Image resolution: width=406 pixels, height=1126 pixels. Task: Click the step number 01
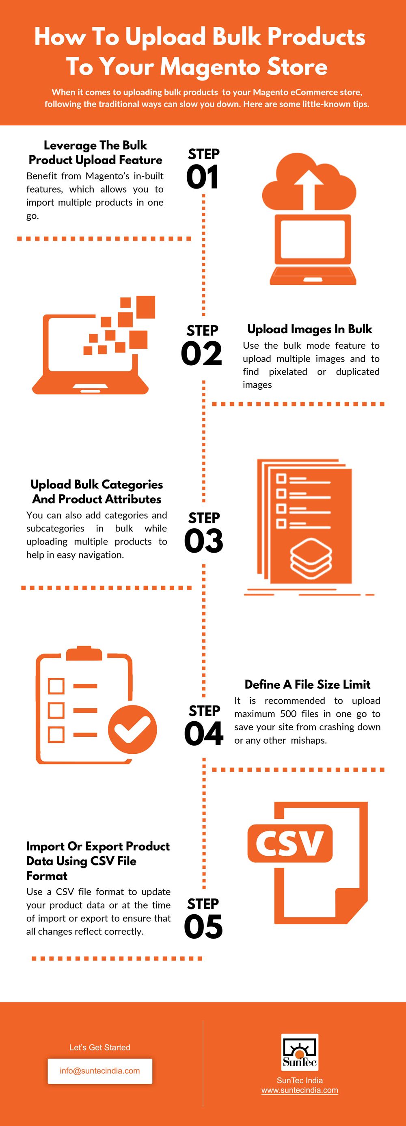pos(202,178)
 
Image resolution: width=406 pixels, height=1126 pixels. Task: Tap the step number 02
pos(202,354)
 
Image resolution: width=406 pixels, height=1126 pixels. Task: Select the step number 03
pos(203,541)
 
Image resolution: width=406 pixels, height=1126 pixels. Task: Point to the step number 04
pos(203,734)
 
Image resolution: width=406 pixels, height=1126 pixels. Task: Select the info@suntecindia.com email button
pos(100,1071)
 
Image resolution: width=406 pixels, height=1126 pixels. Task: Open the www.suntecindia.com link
pos(300,1090)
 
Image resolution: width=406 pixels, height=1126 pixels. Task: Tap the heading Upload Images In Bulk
pos(309,329)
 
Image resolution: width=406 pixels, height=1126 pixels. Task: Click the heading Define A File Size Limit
pos(307,685)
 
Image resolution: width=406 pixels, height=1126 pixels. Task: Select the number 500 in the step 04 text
pos(288,714)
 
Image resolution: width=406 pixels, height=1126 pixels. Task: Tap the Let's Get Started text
pos(100,1047)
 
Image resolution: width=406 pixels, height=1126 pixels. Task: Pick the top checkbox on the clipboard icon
pos(56,686)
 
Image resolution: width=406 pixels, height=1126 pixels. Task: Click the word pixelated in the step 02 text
pos(288,371)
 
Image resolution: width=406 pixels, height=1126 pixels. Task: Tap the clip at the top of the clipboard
pos(84,653)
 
